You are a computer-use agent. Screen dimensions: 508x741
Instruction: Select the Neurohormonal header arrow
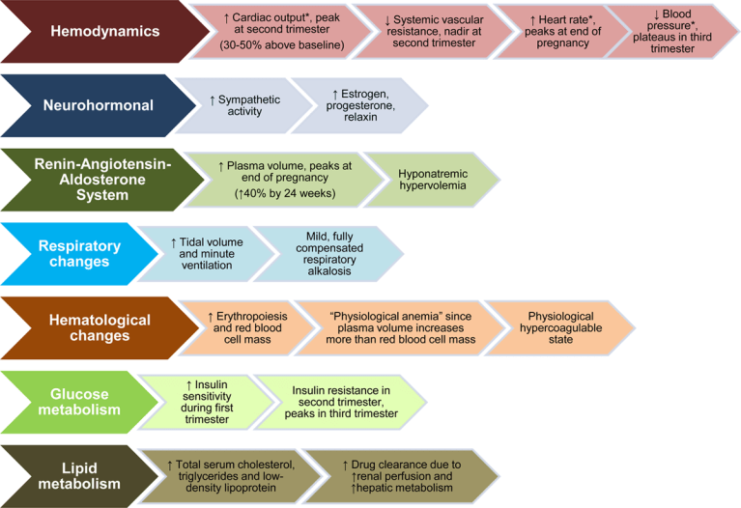[92, 104]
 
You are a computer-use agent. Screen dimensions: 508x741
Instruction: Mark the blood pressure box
[673, 32]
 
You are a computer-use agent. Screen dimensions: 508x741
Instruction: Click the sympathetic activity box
[242, 105]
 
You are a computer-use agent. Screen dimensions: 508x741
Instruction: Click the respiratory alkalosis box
[324, 254]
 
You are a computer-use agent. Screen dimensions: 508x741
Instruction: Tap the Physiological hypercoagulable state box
[560, 327]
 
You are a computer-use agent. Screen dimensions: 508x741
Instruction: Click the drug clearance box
[406, 474]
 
